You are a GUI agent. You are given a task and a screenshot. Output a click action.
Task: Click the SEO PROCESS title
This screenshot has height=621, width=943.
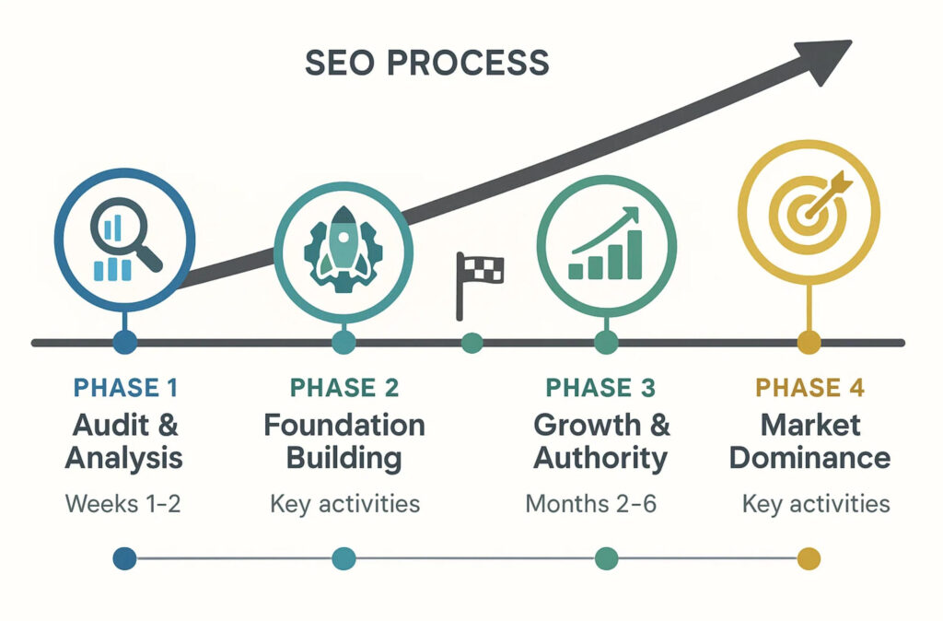coord(426,63)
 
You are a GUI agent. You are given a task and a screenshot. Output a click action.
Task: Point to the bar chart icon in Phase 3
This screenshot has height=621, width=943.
coord(606,245)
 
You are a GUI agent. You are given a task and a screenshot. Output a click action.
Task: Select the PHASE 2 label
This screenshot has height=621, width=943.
coord(343,388)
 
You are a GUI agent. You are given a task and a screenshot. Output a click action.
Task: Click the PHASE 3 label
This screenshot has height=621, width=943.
coord(600,388)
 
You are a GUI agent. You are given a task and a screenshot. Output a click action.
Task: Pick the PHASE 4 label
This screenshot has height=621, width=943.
coord(809,388)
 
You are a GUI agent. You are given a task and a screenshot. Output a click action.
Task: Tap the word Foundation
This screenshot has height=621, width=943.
coord(344,426)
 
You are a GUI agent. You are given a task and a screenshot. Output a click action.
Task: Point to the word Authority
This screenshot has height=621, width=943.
coord(601,458)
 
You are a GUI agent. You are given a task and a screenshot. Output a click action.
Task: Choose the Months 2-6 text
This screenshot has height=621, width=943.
coord(590,505)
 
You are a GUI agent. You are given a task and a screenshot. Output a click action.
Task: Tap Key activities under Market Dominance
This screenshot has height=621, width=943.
coord(816,505)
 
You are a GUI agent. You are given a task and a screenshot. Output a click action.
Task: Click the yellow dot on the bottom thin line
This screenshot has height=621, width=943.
coord(808,558)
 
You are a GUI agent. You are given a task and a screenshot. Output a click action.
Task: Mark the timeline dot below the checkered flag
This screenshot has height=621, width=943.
coord(471,343)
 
